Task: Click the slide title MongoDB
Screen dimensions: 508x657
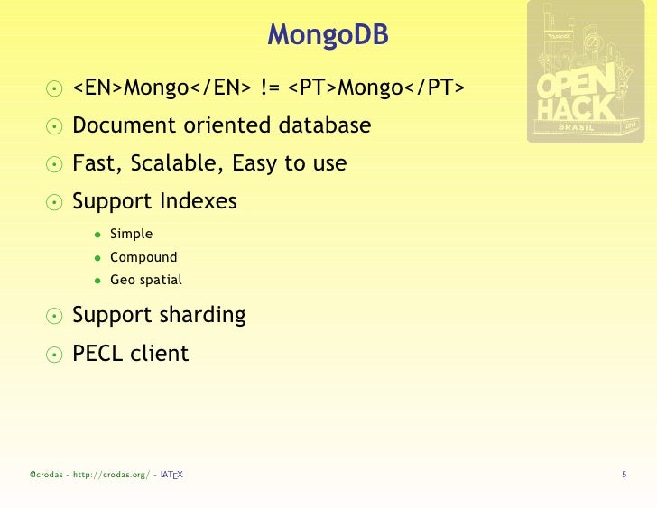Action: (x=328, y=37)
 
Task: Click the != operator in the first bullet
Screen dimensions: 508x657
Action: (x=267, y=88)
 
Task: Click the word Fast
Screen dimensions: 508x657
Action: (x=94, y=164)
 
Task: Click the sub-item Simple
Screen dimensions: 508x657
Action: (x=131, y=235)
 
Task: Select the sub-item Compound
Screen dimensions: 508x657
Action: (x=143, y=257)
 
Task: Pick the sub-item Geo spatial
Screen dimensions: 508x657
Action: (x=145, y=280)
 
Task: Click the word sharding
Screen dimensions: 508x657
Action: (x=202, y=315)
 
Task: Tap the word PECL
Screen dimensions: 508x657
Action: (x=98, y=354)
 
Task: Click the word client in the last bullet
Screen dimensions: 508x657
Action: (x=160, y=354)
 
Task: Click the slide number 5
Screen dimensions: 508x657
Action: (x=624, y=475)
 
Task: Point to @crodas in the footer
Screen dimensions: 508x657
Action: (x=44, y=475)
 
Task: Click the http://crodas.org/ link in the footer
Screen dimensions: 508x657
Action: (x=111, y=475)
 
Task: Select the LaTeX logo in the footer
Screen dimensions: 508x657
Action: (x=171, y=475)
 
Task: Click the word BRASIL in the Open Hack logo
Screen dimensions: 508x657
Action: (x=578, y=127)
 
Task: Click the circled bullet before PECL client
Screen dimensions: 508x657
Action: (x=55, y=355)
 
